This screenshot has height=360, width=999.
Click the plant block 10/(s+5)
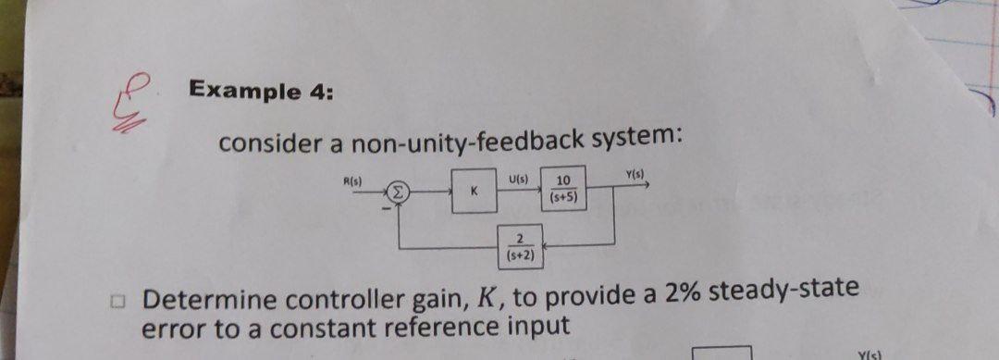pos(563,189)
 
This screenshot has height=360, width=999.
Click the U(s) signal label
pos(518,179)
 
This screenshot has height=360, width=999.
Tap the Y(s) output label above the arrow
pos(637,175)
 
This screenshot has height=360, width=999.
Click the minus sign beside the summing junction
pos(388,205)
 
